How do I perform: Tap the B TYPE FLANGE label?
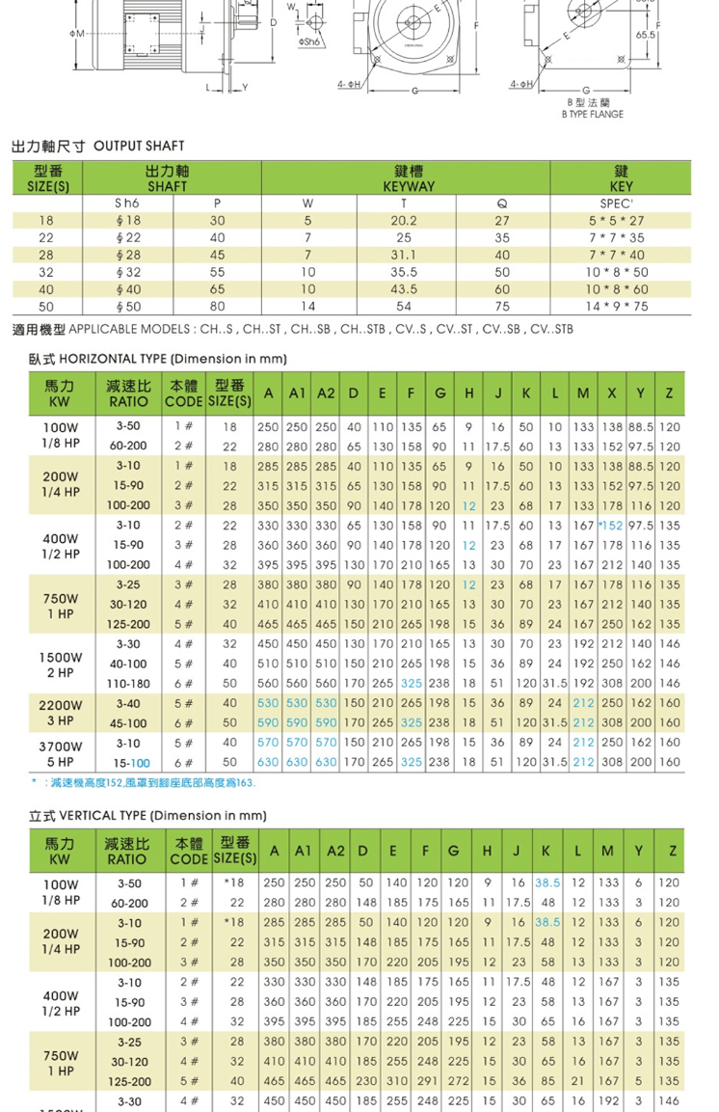(592, 114)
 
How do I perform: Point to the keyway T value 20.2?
(405, 220)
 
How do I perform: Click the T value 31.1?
(405, 255)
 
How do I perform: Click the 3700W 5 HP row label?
(60, 752)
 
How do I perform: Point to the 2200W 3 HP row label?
(60, 713)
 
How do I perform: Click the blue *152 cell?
(610, 525)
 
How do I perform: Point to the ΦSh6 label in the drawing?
(309, 41)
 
